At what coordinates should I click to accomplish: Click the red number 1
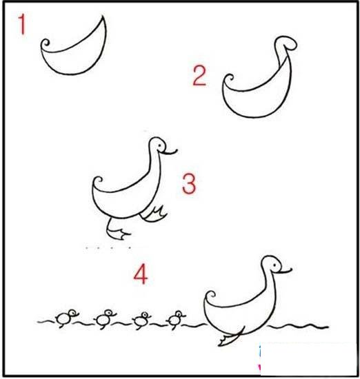22,24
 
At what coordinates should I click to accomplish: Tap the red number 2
199,76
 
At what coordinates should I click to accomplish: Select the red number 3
189,183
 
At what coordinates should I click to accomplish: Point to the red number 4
141,274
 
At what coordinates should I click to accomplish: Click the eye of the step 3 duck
160,145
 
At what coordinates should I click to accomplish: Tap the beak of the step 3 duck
170,152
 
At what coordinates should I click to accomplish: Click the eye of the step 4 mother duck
274,265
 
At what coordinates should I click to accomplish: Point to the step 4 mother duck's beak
285,270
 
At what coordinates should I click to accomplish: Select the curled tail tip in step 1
46,44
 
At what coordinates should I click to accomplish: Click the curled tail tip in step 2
228,79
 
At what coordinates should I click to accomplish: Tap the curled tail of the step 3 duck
97,181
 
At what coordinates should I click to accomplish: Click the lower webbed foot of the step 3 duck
118,232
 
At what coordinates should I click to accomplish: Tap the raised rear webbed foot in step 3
154,214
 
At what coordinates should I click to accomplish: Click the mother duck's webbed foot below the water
230,338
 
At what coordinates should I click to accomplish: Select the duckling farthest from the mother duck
66,318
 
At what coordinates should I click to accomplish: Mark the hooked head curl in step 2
286,43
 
